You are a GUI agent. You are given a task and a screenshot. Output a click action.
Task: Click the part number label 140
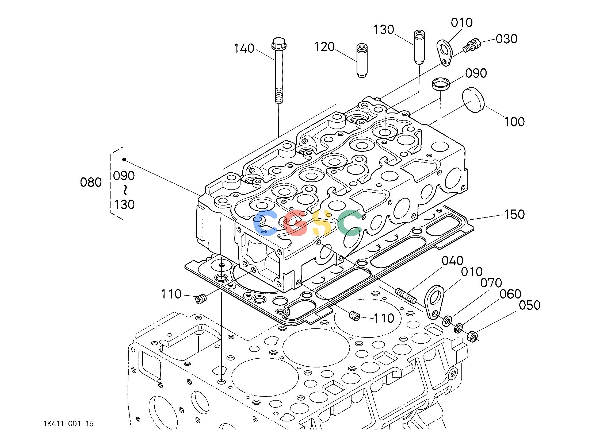(x=244, y=49)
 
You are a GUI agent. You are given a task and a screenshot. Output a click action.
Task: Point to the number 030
(x=507, y=39)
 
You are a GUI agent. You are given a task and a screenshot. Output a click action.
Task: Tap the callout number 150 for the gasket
(x=514, y=214)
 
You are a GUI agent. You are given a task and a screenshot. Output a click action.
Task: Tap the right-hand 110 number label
(x=384, y=318)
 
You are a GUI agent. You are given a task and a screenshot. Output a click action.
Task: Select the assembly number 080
(x=91, y=183)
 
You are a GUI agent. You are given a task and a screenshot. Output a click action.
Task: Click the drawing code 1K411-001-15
(x=68, y=424)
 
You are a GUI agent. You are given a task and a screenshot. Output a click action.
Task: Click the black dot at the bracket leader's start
(x=124, y=160)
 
